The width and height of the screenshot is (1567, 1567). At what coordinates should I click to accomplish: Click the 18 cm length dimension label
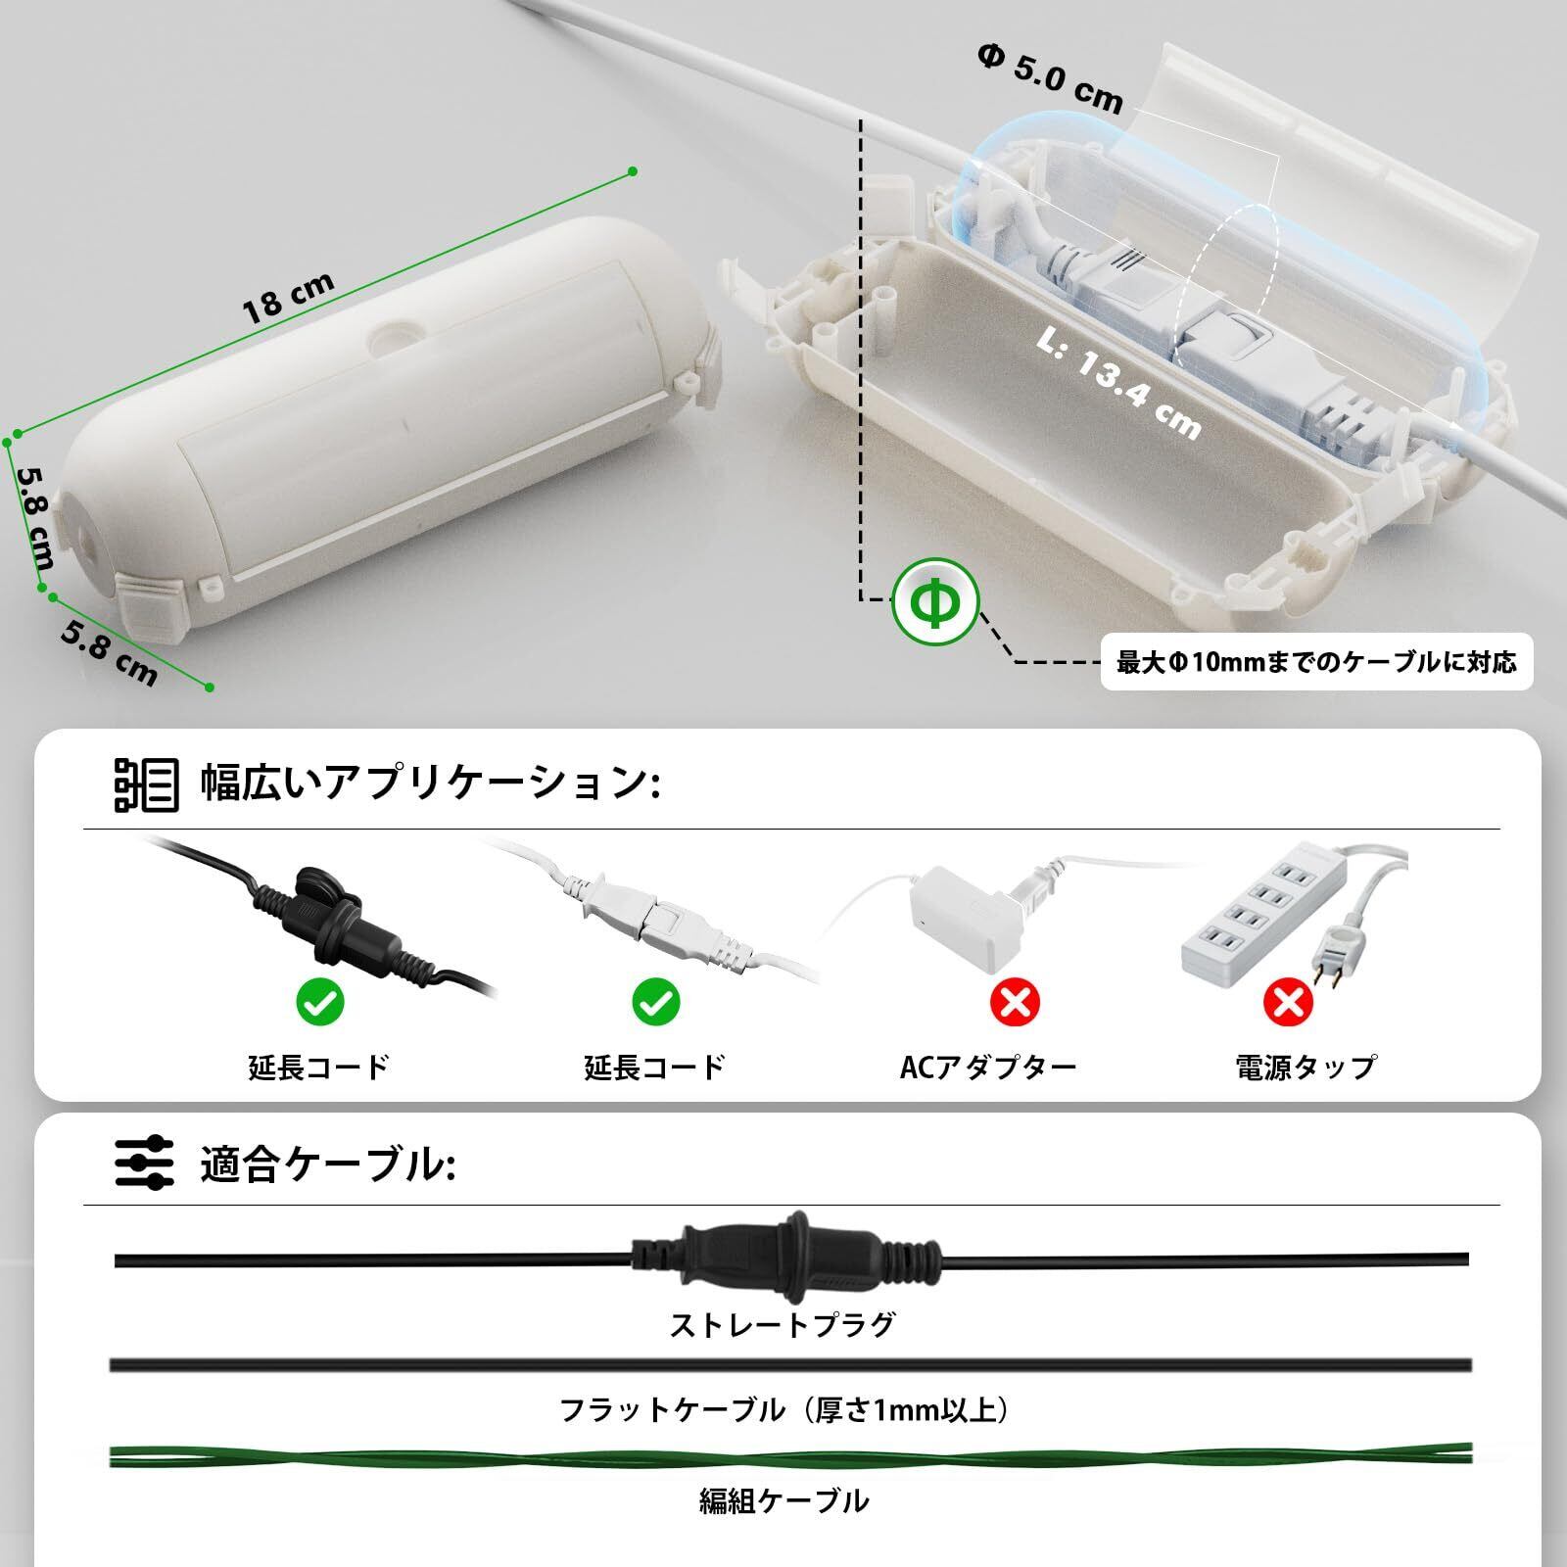[288, 297]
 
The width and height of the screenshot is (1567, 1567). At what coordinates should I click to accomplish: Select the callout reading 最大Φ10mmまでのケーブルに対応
[1316, 663]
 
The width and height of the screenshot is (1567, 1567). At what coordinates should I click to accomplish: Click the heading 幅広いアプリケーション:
[429, 783]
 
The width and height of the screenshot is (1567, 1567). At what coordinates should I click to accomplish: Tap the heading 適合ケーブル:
[327, 1165]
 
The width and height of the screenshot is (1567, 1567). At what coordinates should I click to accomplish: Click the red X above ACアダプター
[1015, 1001]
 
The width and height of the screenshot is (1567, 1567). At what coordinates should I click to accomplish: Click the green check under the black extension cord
[320, 1001]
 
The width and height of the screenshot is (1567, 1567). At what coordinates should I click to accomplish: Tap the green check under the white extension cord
[655, 1001]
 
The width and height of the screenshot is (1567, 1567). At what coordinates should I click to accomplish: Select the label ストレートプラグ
[783, 1325]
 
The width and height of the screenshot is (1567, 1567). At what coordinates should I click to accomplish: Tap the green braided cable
[783, 1456]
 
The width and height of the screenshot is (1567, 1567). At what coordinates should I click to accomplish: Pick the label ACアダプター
[987, 1067]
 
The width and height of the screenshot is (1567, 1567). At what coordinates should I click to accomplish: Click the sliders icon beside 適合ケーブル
[145, 1164]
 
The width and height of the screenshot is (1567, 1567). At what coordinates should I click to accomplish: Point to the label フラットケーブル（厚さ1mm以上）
[783, 1410]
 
